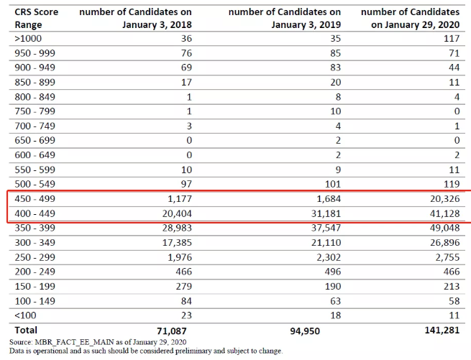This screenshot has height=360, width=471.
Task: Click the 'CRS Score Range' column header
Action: click(x=37, y=18)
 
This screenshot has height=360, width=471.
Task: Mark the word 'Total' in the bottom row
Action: click(x=27, y=331)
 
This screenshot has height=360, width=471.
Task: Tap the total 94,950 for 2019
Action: click(x=303, y=331)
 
